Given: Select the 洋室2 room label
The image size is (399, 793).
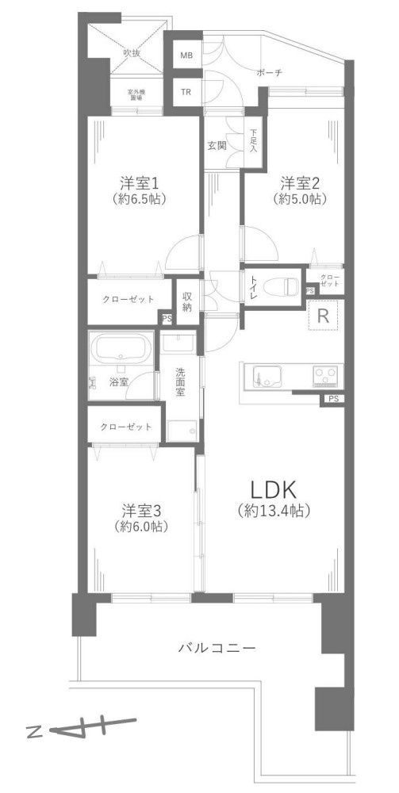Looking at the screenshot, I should click(x=299, y=182).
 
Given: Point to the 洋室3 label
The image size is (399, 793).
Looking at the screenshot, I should click(x=144, y=508).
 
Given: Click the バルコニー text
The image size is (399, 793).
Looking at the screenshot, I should click(x=217, y=648).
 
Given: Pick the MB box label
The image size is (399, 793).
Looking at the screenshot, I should click(x=186, y=56).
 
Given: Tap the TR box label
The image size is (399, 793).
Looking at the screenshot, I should click(x=186, y=92).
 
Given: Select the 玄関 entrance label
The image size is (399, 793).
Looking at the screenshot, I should click(x=217, y=145).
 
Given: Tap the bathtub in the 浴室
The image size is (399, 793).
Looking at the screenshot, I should click(x=121, y=348).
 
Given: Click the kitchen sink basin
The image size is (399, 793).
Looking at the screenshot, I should click(x=265, y=376).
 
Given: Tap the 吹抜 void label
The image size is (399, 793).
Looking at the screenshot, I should click(x=131, y=53).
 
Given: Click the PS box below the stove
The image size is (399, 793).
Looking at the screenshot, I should click(x=332, y=399).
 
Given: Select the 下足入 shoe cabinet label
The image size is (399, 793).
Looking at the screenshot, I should click(x=254, y=140).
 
